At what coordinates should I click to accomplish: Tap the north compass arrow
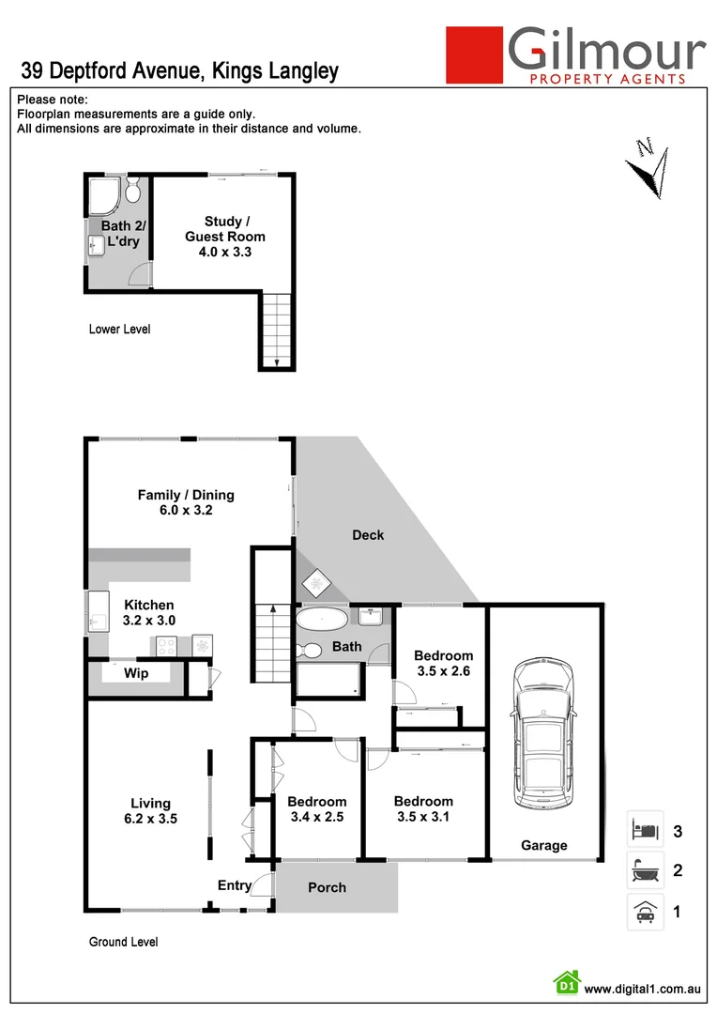click(x=648, y=169)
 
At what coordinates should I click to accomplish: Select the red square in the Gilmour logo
click(x=474, y=55)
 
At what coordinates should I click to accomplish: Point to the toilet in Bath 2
click(x=132, y=193)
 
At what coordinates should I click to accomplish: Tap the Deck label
click(x=368, y=535)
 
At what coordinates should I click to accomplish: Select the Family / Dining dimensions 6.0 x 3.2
click(x=186, y=512)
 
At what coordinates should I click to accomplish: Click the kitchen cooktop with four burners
click(x=167, y=645)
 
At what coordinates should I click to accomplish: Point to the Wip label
click(x=136, y=673)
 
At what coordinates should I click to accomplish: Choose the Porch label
click(x=327, y=887)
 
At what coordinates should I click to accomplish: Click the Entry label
click(x=235, y=885)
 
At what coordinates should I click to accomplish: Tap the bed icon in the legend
click(x=645, y=830)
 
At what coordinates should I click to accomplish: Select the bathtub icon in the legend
click(x=645, y=870)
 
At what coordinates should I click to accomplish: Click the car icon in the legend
click(x=645, y=911)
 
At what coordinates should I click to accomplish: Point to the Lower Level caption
click(x=119, y=330)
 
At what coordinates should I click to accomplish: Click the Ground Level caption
click(x=123, y=942)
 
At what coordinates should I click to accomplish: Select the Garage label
click(x=544, y=846)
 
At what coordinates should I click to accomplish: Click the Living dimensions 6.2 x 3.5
click(x=150, y=819)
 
